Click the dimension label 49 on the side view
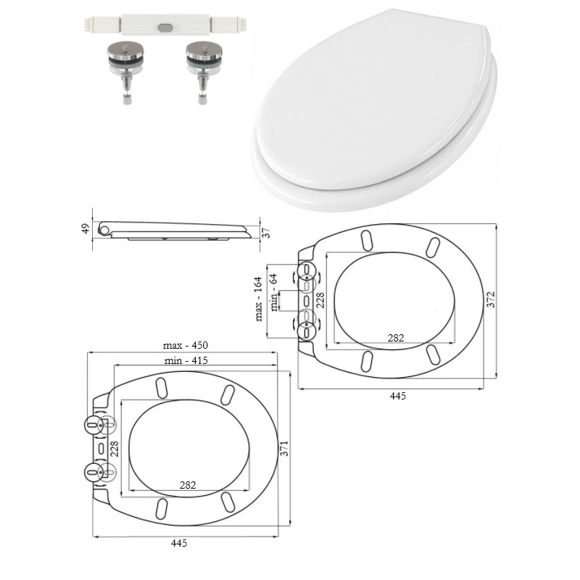[x=86, y=228]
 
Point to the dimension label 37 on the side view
[x=266, y=233]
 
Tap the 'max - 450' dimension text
[x=186, y=345]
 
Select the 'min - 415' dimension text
[x=186, y=360]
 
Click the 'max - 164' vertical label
[x=259, y=299]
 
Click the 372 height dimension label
[x=491, y=299]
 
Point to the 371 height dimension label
[x=284, y=448]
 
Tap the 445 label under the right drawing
[x=397, y=396]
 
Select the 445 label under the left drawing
[x=179, y=543]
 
